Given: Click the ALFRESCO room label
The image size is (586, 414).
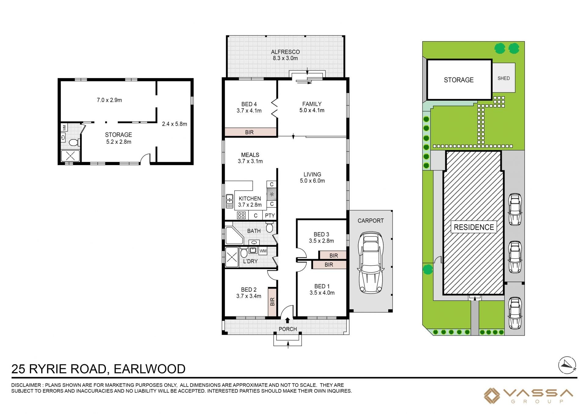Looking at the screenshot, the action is click(x=285, y=52).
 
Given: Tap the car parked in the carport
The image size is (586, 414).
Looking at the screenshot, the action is click(x=371, y=262).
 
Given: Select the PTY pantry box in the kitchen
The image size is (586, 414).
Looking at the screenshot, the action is click(x=270, y=215).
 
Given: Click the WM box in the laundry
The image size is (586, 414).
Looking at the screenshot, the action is click(x=263, y=251).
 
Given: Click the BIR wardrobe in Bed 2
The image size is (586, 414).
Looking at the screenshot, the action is click(x=272, y=302).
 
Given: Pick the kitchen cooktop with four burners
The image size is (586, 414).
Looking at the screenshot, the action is click(x=241, y=215).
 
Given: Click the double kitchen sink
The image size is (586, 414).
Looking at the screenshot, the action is click(x=230, y=201).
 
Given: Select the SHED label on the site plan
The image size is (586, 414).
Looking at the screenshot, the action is click(x=504, y=78).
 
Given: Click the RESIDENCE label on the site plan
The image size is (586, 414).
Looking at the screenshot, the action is click(x=474, y=227).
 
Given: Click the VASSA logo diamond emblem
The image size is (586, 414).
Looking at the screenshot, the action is click(x=492, y=396).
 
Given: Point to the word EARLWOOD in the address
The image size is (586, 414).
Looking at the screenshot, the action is click(x=150, y=369).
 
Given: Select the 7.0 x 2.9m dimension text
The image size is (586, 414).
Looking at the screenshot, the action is click(x=109, y=100).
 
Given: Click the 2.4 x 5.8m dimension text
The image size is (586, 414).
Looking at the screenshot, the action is click(x=175, y=124).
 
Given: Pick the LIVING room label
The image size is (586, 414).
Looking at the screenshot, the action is click(x=312, y=175).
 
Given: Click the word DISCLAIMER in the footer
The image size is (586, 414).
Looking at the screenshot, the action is click(x=26, y=385).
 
